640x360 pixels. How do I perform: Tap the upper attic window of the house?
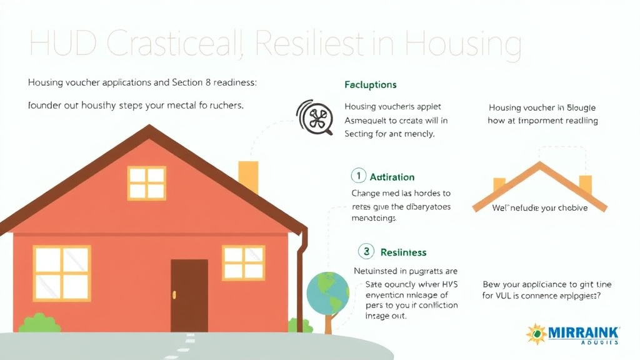pyautogui.click(x=146, y=182)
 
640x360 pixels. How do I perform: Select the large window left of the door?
pyautogui.click(x=62, y=272)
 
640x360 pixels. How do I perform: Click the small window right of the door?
pyautogui.click(x=244, y=262)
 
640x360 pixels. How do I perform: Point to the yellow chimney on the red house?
pyautogui.click(x=248, y=177)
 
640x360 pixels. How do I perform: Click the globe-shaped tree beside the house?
pyautogui.click(x=327, y=293)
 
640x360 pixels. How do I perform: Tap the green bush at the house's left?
pyautogui.click(x=40, y=323)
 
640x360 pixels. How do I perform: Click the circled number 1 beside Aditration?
pyautogui.click(x=358, y=176)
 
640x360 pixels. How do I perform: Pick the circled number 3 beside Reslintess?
pyautogui.click(x=366, y=252)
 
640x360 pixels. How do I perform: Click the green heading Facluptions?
pyautogui.click(x=371, y=84)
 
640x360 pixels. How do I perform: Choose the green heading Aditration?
pyautogui.click(x=392, y=177)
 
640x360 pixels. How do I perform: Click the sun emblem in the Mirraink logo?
pyautogui.click(x=536, y=334)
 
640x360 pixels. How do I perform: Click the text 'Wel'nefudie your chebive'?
pyautogui.click(x=539, y=207)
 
